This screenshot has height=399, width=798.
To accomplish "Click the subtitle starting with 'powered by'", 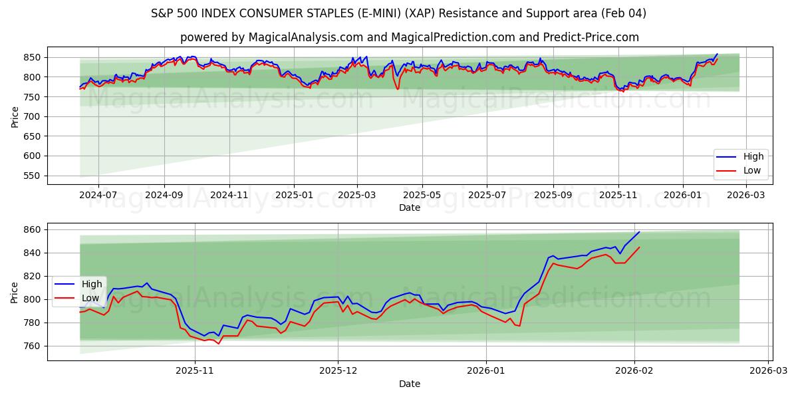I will [x=409, y=37].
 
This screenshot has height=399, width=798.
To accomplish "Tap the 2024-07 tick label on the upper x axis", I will [x=98, y=196].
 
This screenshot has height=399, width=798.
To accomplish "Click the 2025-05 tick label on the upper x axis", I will [x=422, y=196].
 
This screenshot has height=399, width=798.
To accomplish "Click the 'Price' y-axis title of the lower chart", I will [x=15, y=292].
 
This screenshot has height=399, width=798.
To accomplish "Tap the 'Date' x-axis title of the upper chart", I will [x=409, y=207].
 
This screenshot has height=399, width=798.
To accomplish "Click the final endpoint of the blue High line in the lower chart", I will [x=639, y=232].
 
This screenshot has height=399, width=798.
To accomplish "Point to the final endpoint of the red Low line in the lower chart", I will [x=639, y=247].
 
